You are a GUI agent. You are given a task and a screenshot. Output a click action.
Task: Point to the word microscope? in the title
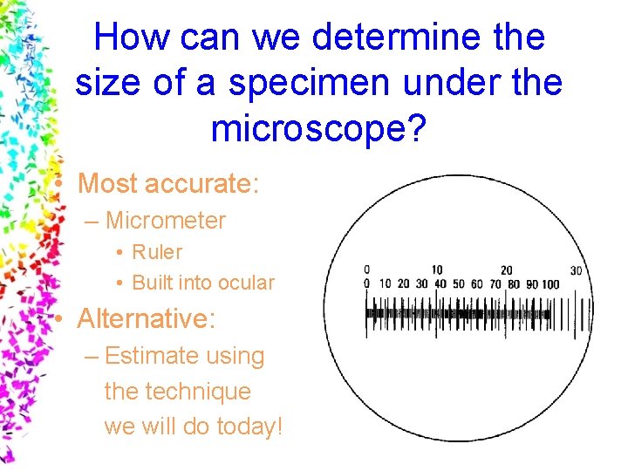pyautogui.click(x=318, y=128)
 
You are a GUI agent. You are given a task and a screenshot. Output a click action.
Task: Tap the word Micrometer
pyautogui.click(x=165, y=221)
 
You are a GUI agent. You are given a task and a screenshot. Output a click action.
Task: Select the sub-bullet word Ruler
pyautogui.click(x=157, y=252)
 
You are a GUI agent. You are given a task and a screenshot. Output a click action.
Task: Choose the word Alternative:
pyautogui.click(x=146, y=319)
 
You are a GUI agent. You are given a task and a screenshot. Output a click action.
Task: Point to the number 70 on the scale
pyautogui.click(x=495, y=284)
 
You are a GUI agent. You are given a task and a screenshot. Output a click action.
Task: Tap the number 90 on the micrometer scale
pyautogui.click(x=530, y=284)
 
